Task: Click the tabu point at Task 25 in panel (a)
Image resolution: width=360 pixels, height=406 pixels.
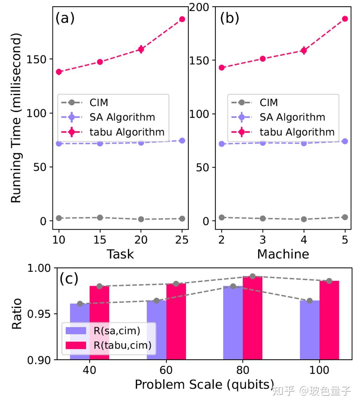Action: tap(182, 19)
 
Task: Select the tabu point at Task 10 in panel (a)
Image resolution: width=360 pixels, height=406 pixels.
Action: tap(59, 72)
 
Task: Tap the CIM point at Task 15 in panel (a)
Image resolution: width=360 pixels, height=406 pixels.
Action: tap(100, 217)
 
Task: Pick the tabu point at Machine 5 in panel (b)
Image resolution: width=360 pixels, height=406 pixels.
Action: tap(345, 19)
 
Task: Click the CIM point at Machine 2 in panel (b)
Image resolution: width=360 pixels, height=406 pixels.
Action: tap(222, 217)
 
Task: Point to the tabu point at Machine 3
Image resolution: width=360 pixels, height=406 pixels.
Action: tap(263, 59)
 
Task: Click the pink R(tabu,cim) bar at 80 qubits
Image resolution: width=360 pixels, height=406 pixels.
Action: tap(252, 318)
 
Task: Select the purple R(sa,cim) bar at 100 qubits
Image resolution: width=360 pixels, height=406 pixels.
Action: tap(310, 330)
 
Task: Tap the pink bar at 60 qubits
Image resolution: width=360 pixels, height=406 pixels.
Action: tap(176, 322)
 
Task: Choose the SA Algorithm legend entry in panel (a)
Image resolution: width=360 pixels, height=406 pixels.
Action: tap(108, 117)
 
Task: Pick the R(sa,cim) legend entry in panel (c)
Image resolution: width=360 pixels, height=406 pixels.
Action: tap(103, 331)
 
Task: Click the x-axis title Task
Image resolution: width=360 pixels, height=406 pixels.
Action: tap(120, 254)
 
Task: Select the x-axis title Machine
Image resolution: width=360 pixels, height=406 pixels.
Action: tap(283, 254)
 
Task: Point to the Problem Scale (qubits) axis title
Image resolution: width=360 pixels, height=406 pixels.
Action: tap(204, 385)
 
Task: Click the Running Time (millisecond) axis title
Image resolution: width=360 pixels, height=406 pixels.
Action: tap(16, 118)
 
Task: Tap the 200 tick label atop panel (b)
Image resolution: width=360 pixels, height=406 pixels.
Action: tap(199, 7)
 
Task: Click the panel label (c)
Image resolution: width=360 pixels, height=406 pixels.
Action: tap(69, 279)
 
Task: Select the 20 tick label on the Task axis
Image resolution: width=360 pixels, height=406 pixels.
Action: tap(141, 240)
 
